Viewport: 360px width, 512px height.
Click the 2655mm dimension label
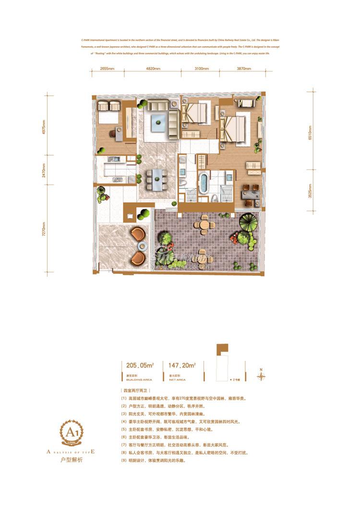pyautogui.click(x=107, y=69)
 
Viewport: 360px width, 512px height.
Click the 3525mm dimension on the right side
pyautogui.click(x=310, y=191)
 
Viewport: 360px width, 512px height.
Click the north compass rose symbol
pyautogui.click(x=261, y=376)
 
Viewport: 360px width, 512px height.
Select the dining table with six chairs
pyautogui.click(x=156, y=179)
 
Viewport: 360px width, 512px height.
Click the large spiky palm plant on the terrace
pyautogui.click(x=249, y=220)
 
